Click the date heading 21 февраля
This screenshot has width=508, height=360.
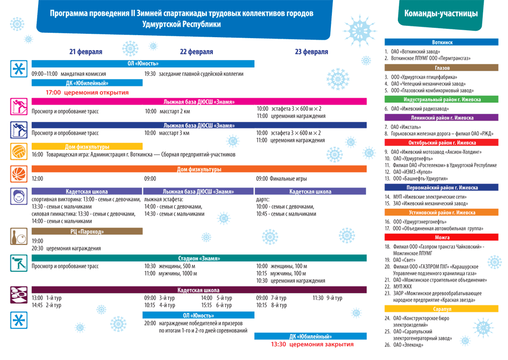[x=86, y=52]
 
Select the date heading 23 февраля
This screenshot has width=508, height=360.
[x=311, y=52]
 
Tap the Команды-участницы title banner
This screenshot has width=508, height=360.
[x=441, y=14]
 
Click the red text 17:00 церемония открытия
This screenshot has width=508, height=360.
[x=87, y=92]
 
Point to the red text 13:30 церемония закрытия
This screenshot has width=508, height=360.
[x=312, y=344]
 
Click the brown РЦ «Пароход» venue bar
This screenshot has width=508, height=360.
[x=87, y=232]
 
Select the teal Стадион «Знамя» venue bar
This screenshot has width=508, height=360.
[x=199, y=258]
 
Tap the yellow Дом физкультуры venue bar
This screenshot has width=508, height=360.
[x=87, y=147]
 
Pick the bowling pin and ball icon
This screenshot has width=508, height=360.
[x=19, y=237]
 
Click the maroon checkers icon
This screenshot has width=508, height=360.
[x=19, y=295]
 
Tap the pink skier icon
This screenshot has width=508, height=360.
[x=19, y=106]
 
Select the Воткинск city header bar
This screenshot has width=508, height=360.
[x=442, y=43]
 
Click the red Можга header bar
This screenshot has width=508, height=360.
[x=442, y=238]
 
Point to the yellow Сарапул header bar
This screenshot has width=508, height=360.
[x=442, y=309]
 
